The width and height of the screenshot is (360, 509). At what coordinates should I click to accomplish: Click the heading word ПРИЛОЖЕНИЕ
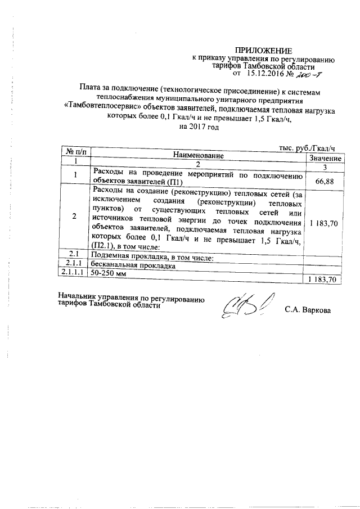[x=264, y=51]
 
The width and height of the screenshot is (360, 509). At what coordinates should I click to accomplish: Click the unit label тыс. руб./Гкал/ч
[x=307, y=147]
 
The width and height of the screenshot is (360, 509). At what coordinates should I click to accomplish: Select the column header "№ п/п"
[x=75, y=152]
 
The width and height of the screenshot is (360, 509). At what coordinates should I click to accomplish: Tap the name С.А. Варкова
[x=308, y=309]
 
